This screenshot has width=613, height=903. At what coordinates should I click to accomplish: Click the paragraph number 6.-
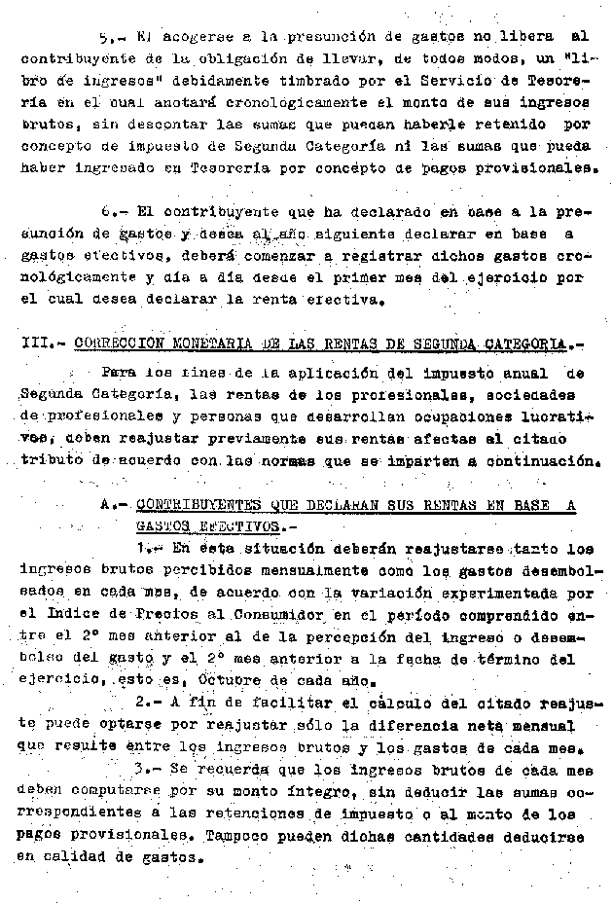pyautogui.click(x=112, y=211)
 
